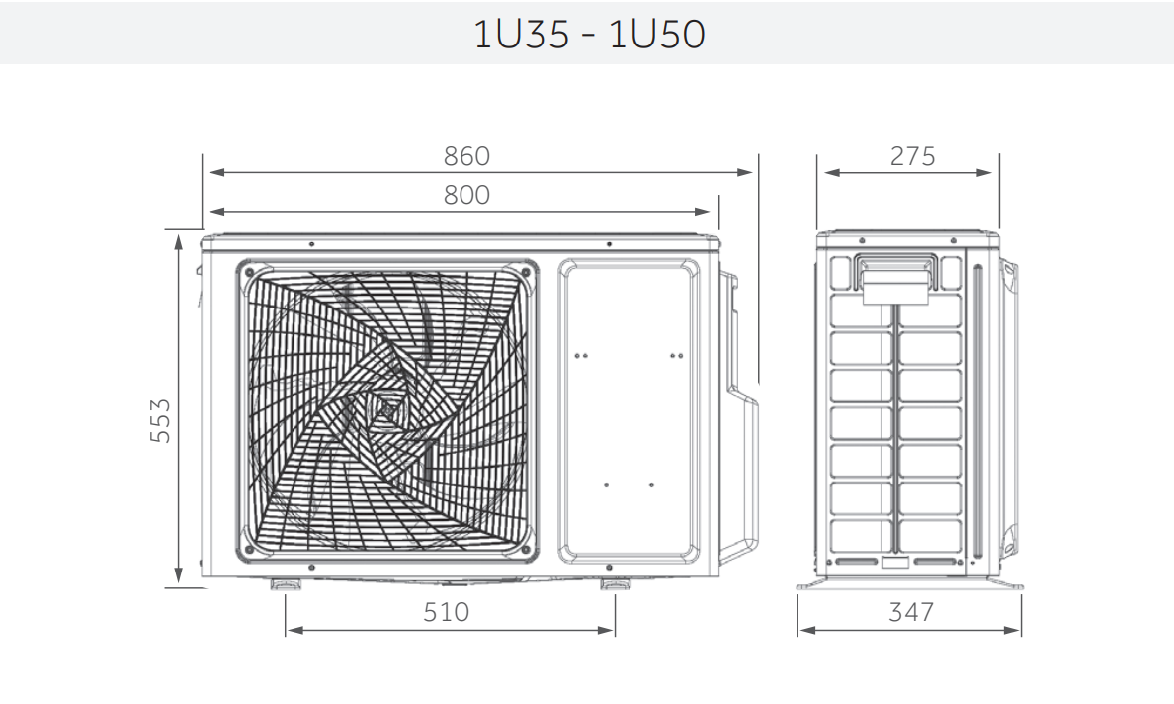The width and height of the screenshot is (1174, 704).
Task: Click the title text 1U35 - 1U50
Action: click(x=589, y=35)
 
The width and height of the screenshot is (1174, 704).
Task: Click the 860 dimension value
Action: click(x=466, y=156)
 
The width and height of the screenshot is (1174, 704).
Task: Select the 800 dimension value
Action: click(x=466, y=195)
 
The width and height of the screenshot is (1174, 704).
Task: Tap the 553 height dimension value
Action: click(x=160, y=420)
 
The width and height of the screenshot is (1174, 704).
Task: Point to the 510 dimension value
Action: click(x=447, y=613)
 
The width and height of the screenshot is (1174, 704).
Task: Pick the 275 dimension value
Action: click(x=912, y=156)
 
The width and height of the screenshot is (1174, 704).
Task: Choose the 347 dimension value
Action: click(x=910, y=613)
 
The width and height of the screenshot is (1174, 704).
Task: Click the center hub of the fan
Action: click(x=386, y=409)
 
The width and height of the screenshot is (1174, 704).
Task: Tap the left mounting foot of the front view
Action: click(x=285, y=584)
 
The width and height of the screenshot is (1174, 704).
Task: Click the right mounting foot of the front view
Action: click(x=614, y=584)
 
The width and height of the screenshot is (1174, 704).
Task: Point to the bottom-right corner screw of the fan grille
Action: click(x=526, y=551)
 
